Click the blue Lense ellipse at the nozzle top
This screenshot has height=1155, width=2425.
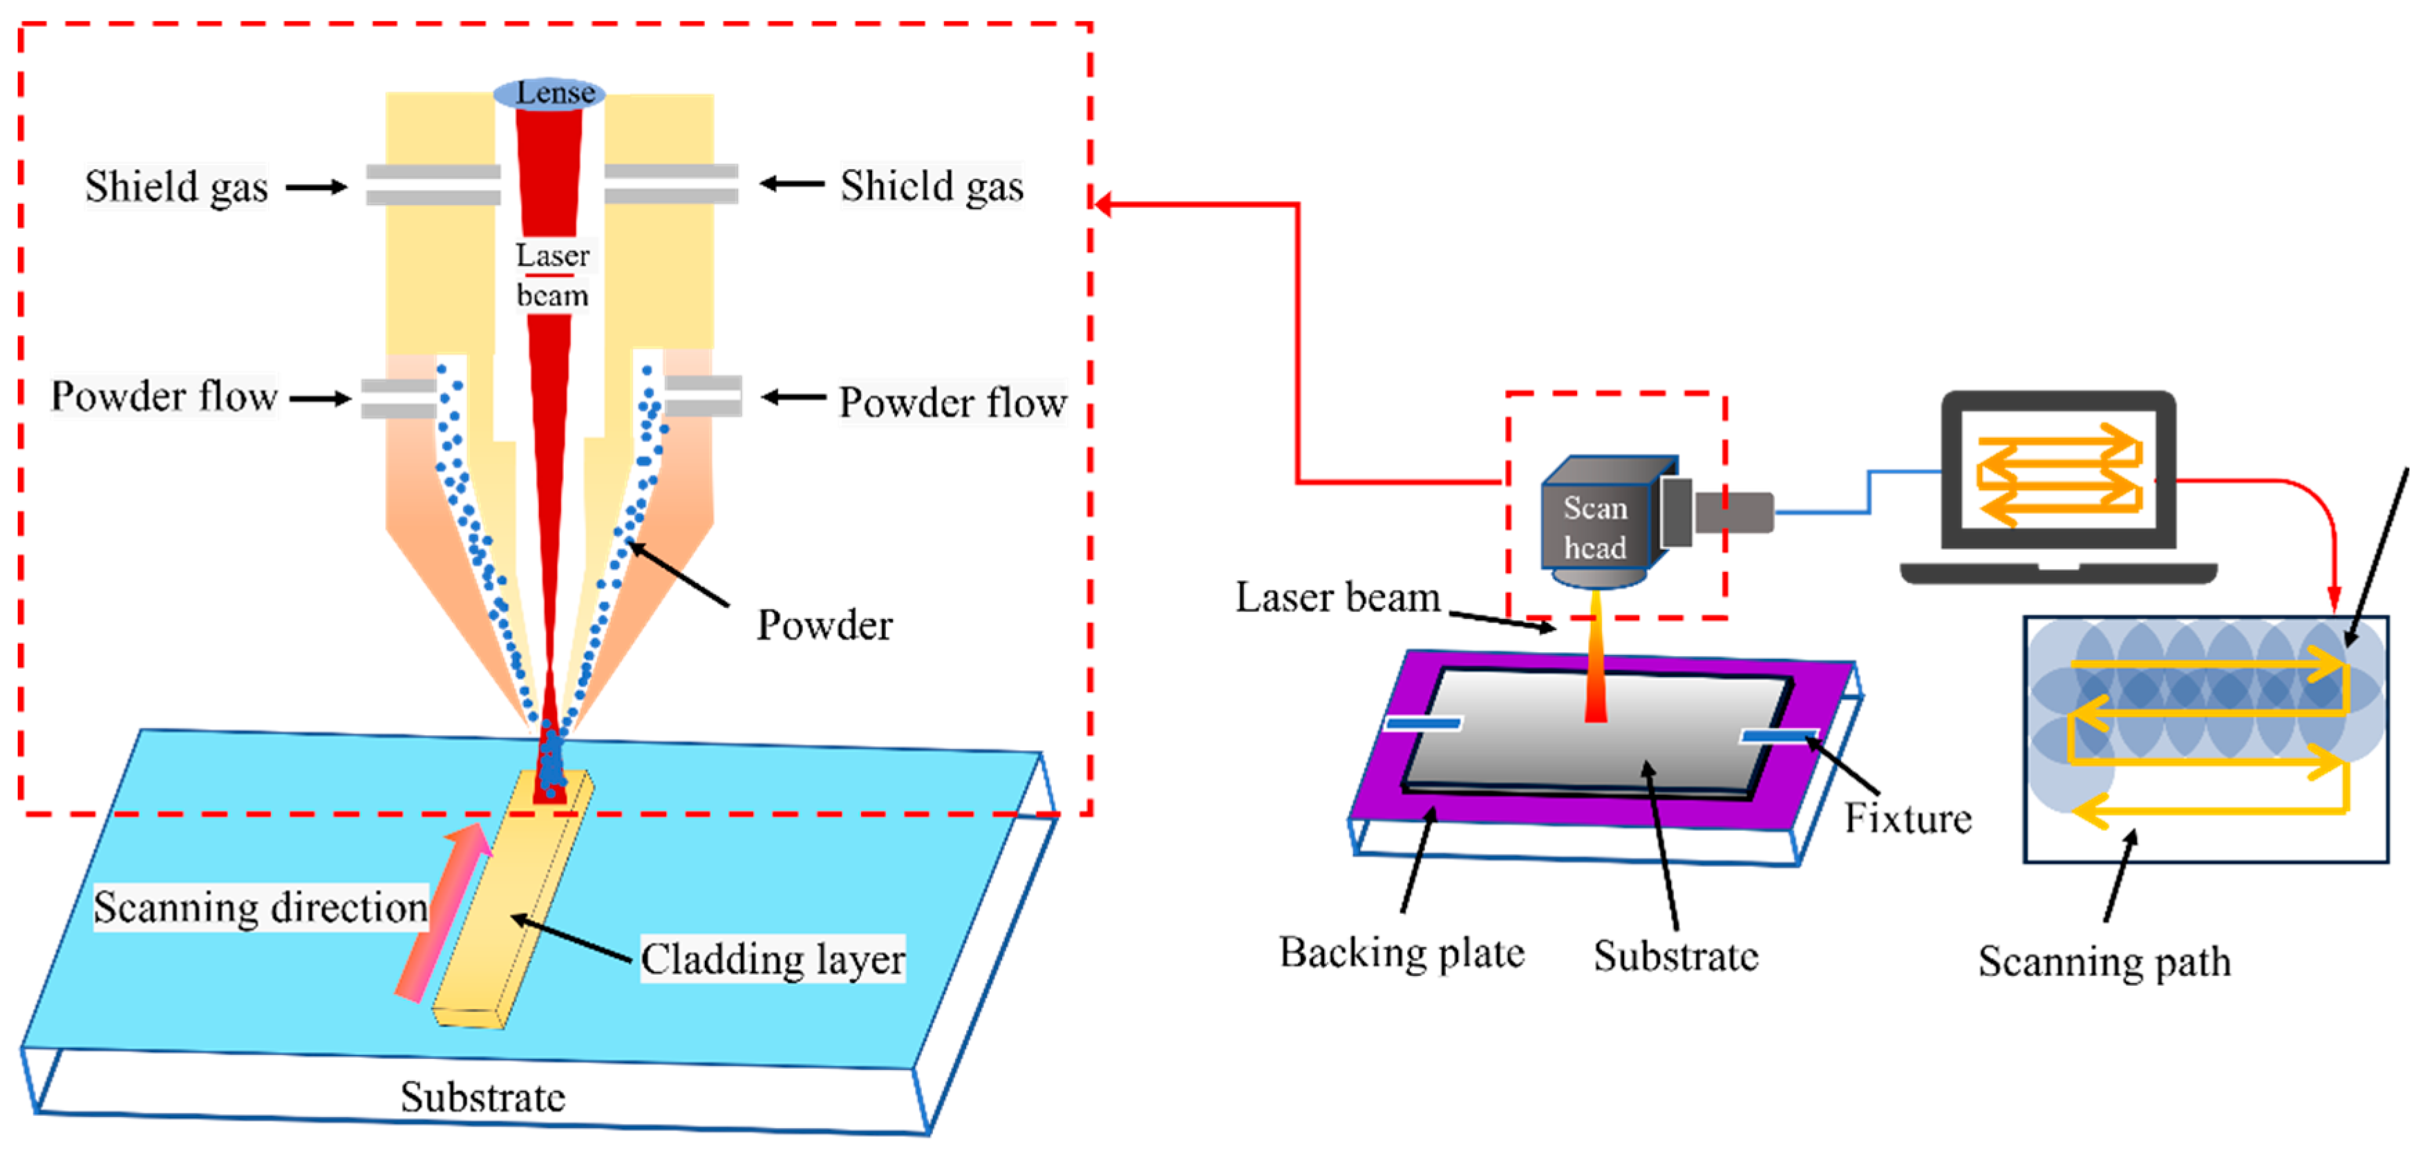549,93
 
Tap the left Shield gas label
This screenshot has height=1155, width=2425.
177,187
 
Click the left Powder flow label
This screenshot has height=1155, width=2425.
164,397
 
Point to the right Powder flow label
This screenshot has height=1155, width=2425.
953,402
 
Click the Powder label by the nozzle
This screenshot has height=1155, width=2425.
824,625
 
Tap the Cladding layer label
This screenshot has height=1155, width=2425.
773,960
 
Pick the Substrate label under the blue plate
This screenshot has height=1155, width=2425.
483,1097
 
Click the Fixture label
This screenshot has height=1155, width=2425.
1907,818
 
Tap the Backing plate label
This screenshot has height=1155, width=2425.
1402,953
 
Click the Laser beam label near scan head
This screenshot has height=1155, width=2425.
1338,598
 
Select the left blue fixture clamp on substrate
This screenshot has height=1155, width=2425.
1424,723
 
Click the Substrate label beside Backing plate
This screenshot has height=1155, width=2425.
1676,956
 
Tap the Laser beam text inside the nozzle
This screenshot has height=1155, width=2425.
553,275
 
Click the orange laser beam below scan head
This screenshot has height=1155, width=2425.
1596,656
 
